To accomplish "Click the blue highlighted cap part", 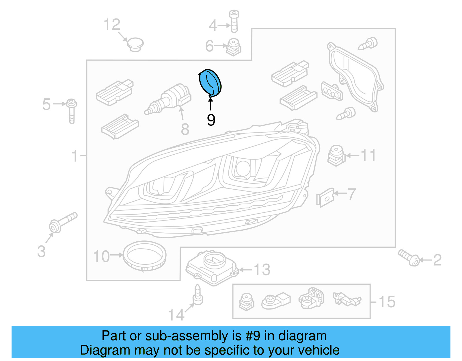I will (x=210, y=82).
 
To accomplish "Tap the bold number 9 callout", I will (x=211, y=120).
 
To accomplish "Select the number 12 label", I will (x=112, y=25).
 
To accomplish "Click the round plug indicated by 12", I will (x=135, y=44).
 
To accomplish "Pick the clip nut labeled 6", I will (x=234, y=47).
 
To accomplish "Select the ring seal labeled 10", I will (x=144, y=256).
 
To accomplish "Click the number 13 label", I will (x=262, y=270).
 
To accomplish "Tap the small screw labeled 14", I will (x=198, y=296).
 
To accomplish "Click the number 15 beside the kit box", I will (x=387, y=302).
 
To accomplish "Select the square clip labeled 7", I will (x=325, y=198).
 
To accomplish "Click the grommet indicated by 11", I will (x=336, y=155).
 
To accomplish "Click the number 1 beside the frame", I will (x=75, y=156).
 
